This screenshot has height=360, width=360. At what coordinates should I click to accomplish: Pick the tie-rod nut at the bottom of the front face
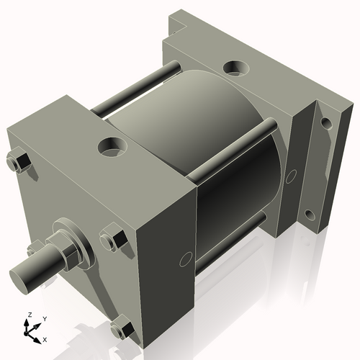coord(122,330)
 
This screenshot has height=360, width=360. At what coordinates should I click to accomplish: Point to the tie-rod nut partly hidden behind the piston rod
coord(33,250)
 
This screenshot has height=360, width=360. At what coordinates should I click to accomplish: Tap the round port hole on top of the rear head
coord(235,68)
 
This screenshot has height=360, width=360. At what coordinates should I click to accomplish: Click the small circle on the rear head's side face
coord(292,176)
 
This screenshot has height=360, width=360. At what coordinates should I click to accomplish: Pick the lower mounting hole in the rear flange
coord(310,214)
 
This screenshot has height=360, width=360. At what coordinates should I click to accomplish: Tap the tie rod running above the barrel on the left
coord(137,87)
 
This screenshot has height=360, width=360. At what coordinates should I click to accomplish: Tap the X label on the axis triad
coord(45,338)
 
